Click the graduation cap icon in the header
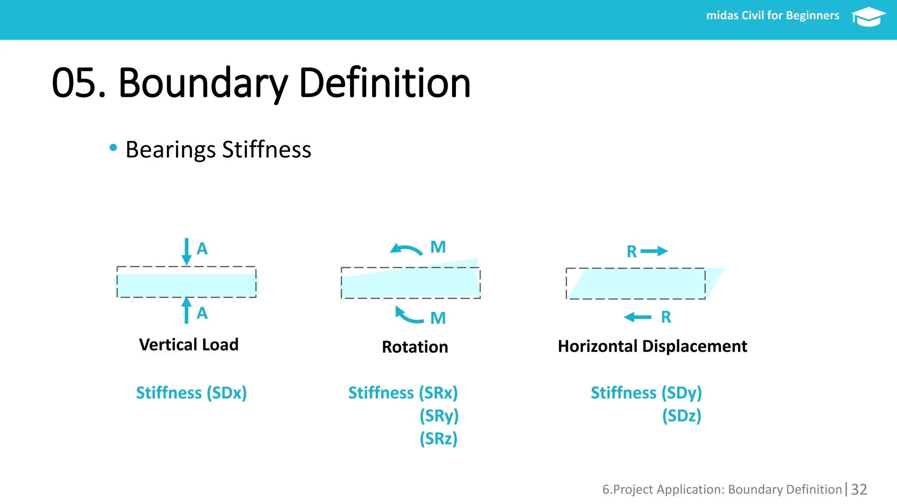tap(868, 17)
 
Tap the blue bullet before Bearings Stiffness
tap(113, 148)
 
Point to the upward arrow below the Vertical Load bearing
tap(187, 310)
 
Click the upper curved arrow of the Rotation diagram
tap(406, 250)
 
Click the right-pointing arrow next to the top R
tap(654, 251)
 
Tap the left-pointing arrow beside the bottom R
tap(638, 317)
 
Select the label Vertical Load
tap(189, 345)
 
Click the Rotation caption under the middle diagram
tap(415, 347)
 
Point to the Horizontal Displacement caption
tap(652, 346)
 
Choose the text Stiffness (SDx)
tap(191, 393)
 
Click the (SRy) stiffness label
tap(439, 416)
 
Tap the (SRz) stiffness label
tap(438, 438)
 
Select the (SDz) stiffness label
tap(682, 416)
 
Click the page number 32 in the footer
tap(859, 489)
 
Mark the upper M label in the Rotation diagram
tap(438, 247)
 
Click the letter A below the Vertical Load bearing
tap(202, 313)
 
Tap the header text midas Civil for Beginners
tap(773, 16)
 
